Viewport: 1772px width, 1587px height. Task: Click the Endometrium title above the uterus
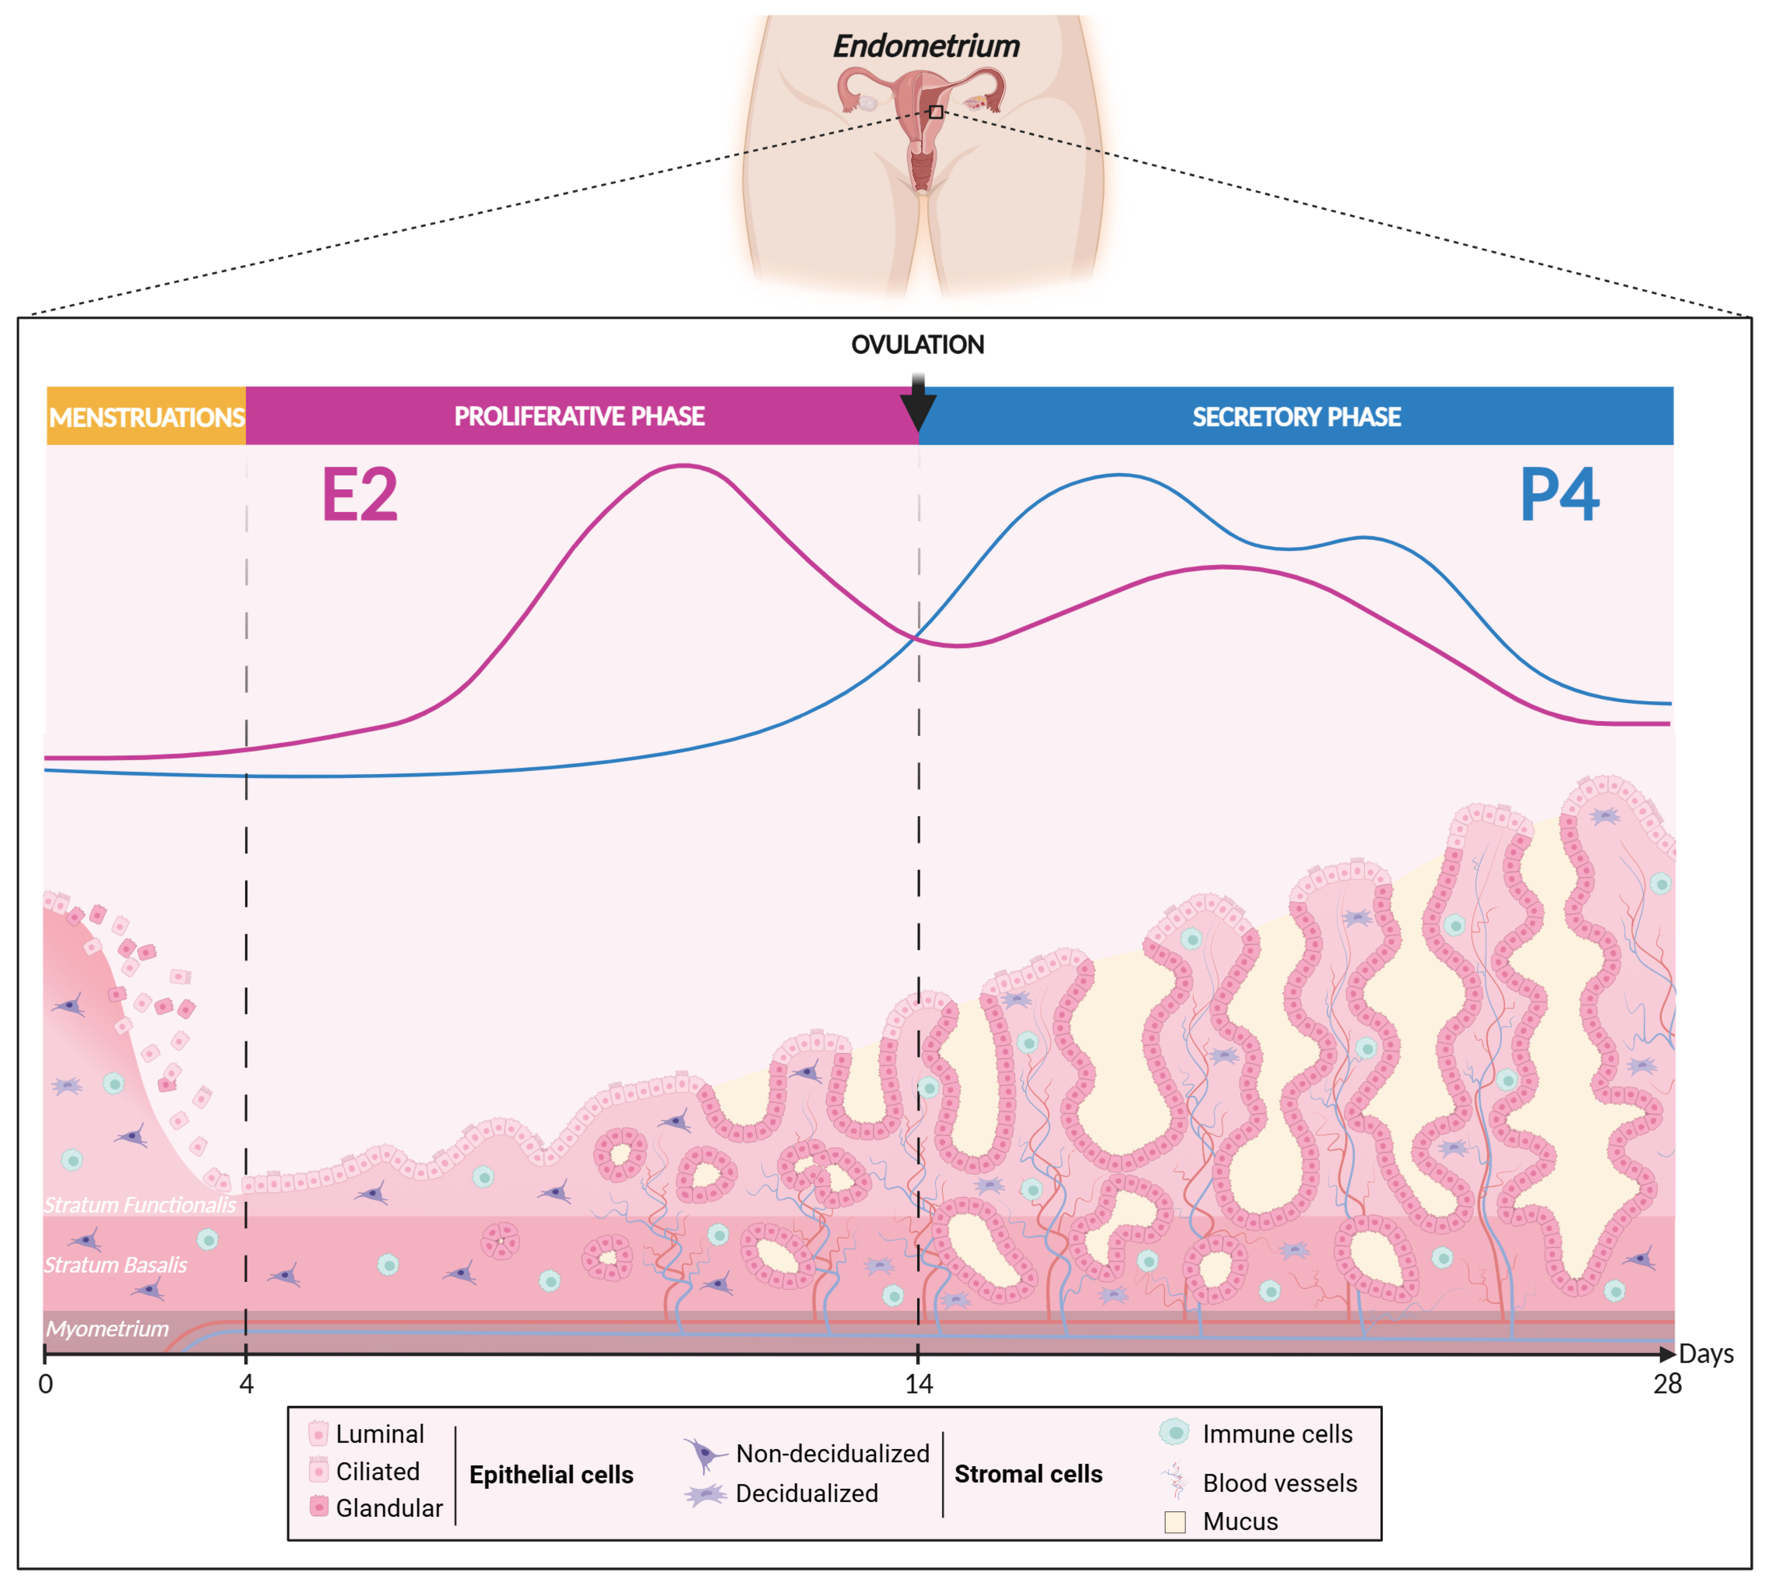click(926, 46)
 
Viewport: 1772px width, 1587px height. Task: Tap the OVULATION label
click(917, 345)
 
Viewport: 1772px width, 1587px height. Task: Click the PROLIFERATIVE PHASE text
click(580, 416)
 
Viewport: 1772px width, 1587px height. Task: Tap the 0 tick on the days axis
click(45, 1384)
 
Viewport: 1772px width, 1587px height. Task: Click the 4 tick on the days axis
click(247, 1384)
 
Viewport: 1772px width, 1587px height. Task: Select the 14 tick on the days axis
click(919, 1384)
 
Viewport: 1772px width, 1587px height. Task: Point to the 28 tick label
click(1667, 1384)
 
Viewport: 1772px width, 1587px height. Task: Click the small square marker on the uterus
click(935, 112)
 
